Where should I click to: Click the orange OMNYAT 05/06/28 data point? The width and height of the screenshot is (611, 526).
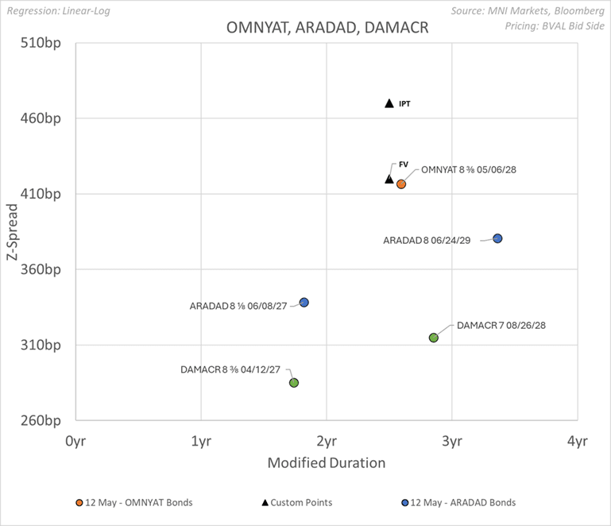coord(401,184)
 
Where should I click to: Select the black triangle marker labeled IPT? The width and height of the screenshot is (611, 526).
coord(389,103)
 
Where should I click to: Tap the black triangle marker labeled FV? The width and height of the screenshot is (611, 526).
coord(389,178)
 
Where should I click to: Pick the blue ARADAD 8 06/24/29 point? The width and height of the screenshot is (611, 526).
coord(497,238)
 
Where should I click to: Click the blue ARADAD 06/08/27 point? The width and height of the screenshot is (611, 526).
coord(304,303)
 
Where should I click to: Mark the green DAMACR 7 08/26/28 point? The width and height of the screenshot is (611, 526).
coord(434,338)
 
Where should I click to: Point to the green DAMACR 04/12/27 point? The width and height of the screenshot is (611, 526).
coord(294,383)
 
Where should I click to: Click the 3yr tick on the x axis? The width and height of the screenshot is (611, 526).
coord(452,439)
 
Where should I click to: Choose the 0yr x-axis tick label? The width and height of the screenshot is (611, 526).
coord(75,439)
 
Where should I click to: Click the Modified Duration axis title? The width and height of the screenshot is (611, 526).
coord(326,462)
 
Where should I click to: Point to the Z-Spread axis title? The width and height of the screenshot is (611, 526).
coord(13,232)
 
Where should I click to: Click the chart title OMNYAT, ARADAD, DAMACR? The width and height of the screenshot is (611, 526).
coord(327,27)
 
